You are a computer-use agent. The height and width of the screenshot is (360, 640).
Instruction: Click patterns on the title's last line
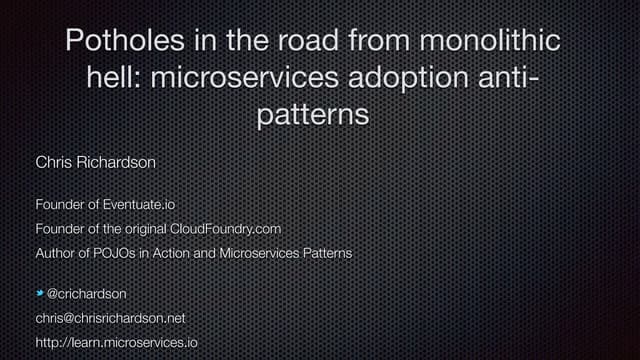point(313,115)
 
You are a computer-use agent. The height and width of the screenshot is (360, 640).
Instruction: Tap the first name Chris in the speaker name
point(53,161)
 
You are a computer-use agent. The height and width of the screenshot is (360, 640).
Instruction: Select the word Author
point(56,253)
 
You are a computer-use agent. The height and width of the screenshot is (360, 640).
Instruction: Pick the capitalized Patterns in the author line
point(322,253)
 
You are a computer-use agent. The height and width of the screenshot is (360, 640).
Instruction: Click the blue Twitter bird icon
point(40,294)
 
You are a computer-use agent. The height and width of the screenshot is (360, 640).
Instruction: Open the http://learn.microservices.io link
point(117,343)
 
